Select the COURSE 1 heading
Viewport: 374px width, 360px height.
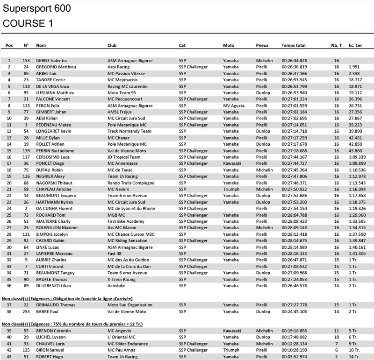tap(28, 23)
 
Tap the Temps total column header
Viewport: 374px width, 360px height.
tap(293, 45)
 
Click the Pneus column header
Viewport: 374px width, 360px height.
tap(262, 45)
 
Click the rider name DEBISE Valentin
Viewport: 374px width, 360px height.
tap(51, 61)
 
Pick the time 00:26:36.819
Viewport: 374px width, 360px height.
tap(294, 67)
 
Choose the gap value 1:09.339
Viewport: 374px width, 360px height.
tap(357, 157)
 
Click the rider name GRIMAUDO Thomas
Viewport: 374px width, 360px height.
tap(56, 305)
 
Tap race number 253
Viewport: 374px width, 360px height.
tap(26, 311)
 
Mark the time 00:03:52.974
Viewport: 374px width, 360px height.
tap(294, 356)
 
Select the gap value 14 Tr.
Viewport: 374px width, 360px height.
tap(354, 356)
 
